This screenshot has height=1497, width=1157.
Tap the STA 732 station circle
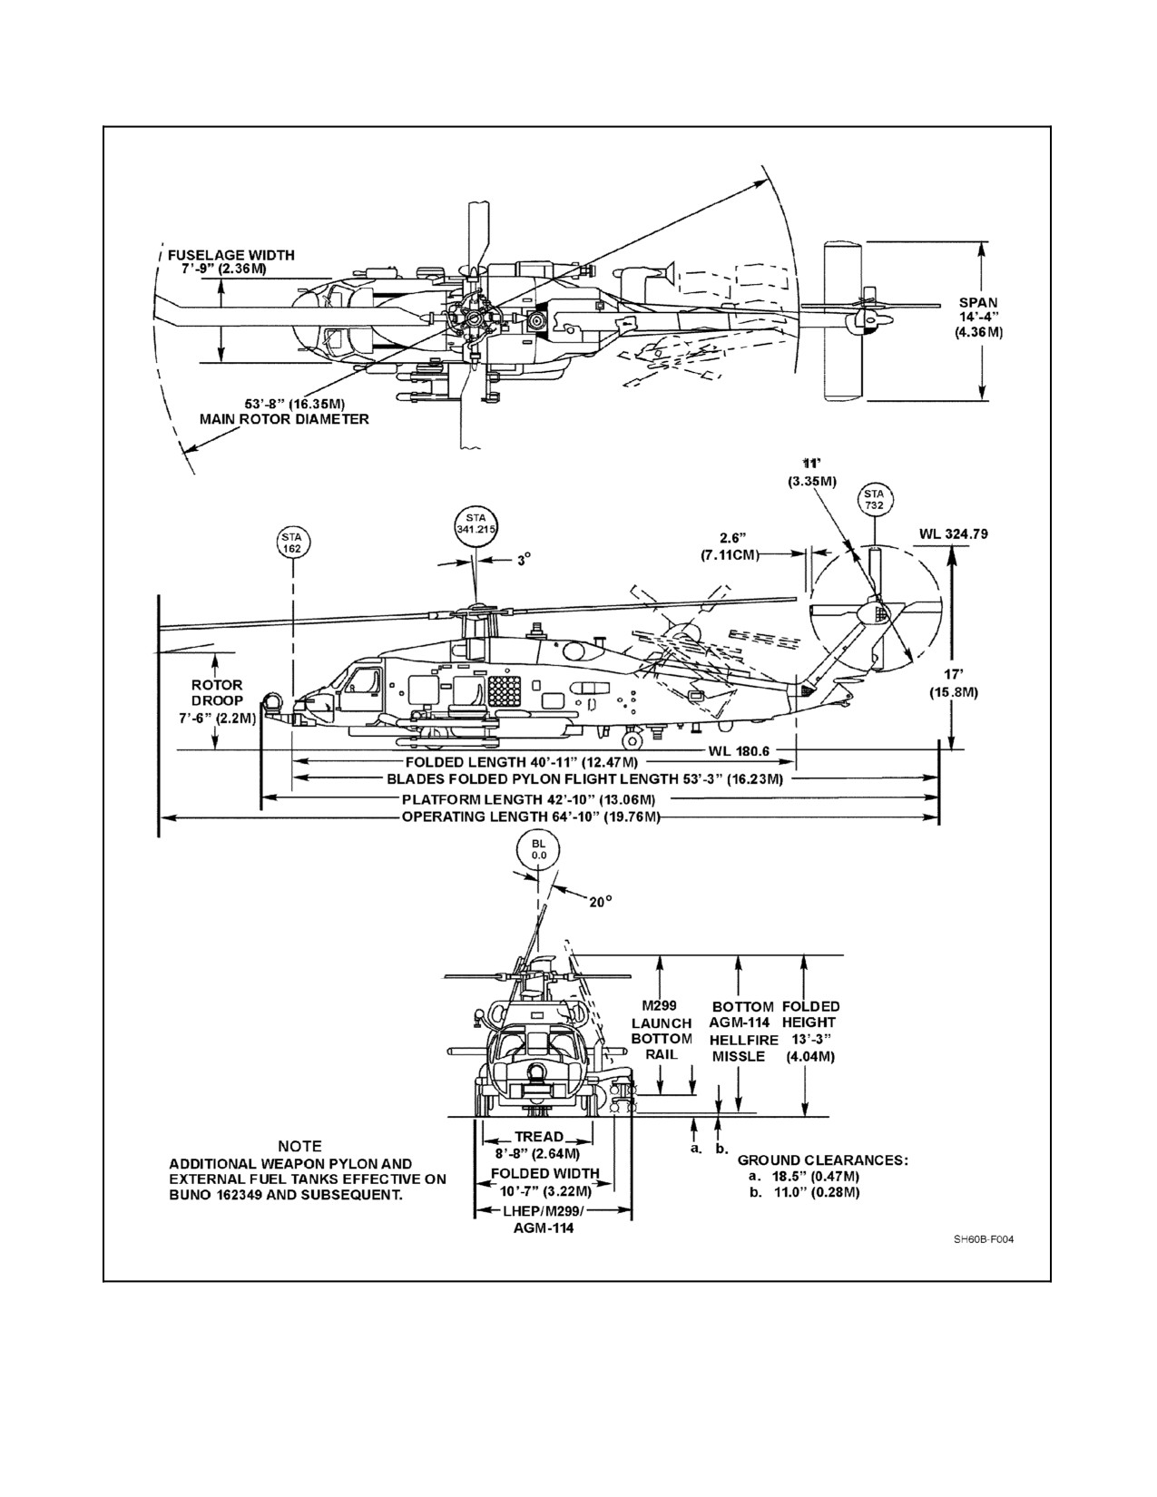point(874,500)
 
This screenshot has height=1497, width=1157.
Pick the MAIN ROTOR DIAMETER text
point(284,419)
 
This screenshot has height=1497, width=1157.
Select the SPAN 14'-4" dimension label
point(978,317)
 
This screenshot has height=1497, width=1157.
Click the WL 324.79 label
point(954,533)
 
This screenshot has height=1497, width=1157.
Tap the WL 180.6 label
point(739,750)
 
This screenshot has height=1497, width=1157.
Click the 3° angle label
point(525,560)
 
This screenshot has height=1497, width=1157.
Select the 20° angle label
point(600,902)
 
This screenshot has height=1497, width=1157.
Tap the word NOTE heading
point(299,1147)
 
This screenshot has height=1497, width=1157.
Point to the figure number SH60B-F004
point(984,1239)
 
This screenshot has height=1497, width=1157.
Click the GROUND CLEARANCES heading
point(823,1160)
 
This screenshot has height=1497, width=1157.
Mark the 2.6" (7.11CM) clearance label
point(730,546)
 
